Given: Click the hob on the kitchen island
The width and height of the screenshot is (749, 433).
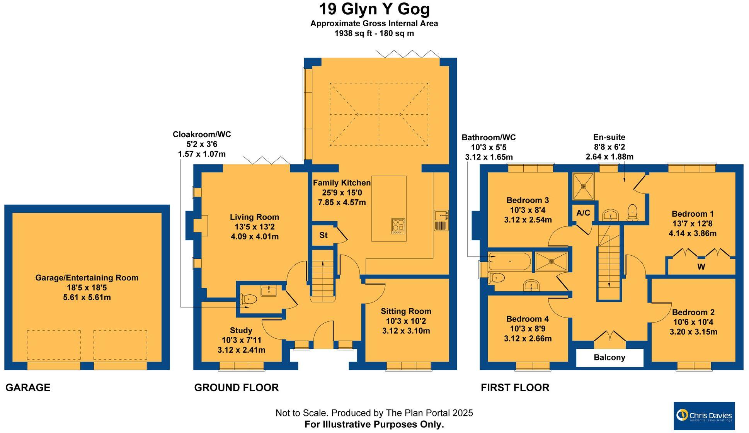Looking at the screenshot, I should (398, 226).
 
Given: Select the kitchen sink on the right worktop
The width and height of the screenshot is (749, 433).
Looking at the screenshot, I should (441, 220).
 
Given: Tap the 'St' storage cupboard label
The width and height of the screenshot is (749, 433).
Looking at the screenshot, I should (323, 235).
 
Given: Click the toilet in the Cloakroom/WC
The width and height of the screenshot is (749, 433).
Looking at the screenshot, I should (249, 299).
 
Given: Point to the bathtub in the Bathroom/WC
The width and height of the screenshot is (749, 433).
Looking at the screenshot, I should (509, 261).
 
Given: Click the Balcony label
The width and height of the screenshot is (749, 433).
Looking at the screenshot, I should (609, 358).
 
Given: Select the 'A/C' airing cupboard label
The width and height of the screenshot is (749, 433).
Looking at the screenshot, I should (583, 213).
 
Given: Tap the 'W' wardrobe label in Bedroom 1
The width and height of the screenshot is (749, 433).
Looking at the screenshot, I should (701, 267).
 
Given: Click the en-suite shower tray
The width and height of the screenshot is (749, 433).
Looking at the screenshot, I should (583, 186).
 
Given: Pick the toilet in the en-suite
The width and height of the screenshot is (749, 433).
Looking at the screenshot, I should (633, 212).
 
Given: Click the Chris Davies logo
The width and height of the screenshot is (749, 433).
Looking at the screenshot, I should (704, 416).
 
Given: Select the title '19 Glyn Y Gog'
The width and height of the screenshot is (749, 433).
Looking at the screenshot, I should (374, 9).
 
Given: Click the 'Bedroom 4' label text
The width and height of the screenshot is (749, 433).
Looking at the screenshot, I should (527, 319).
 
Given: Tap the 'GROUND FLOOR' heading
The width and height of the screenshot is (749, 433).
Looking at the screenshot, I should (236, 387).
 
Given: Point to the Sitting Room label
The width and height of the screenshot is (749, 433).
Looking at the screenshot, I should (406, 311).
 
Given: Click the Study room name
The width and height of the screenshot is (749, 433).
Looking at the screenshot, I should (241, 330).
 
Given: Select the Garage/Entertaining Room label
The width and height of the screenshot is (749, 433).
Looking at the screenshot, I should (87, 278).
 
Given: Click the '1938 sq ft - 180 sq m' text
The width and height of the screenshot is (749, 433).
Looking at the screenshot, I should (374, 34).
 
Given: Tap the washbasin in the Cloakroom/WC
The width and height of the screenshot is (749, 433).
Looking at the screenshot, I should (269, 290).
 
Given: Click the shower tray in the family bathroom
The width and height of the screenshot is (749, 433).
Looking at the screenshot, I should (552, 261).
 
